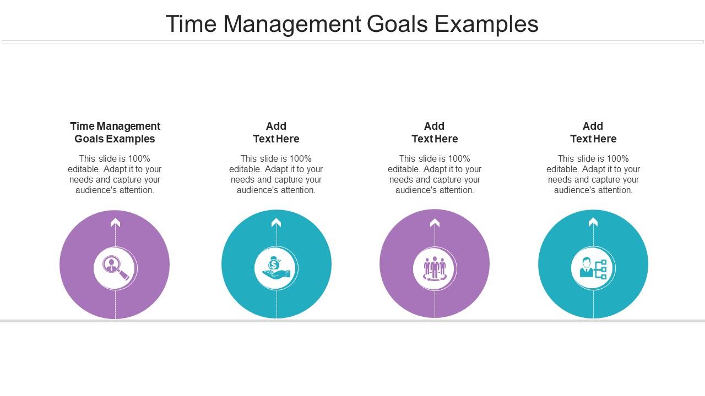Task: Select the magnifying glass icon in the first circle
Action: pyautogui.click(x=115, y=268)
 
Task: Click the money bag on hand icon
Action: pyautogui.click(x=276, y=268)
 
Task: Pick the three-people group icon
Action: pyautogui.click(x=435, y=268)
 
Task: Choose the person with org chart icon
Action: pyautogui.click(x=593, y=268)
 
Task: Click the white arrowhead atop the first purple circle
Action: pyautogui.click(x=115, y=223)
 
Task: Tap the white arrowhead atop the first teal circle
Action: pyautogui.click(x=276, y=223)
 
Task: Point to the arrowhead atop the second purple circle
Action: pyautogui.click(x=435, y=223)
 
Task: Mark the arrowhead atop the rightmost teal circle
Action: pyautogui.click(x=593, y=222)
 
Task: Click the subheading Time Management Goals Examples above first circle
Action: pyautogui.click(x=115, y=133)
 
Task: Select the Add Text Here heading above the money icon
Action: pyautogui.click(x=276, y=133)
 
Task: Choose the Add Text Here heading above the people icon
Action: pyautogui.click(x=435, y=133)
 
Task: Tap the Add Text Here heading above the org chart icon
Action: pyautogui.click(x=593, y=133)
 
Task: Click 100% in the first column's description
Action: pyautogui.click(x=139, y=159)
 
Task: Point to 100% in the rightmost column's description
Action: pyautogui.click(x=617, y=159)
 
